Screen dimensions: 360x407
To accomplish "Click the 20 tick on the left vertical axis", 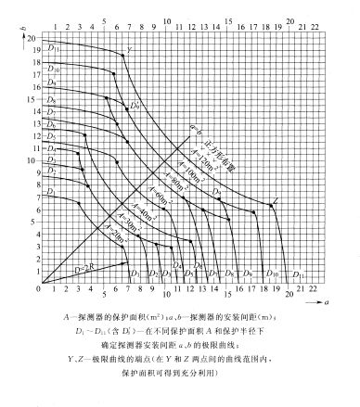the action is click(31, 37).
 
